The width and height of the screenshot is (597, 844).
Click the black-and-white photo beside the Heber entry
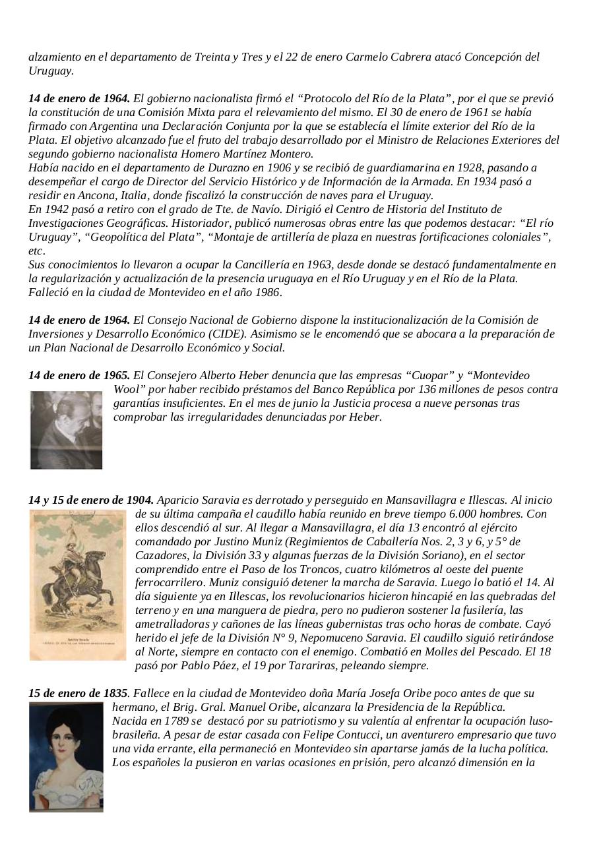coord(66,429)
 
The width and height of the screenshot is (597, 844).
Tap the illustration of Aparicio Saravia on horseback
coord(77,585)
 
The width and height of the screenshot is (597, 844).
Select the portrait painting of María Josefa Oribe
coord(66,756)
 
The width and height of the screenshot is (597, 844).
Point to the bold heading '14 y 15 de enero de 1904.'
coord(91,500)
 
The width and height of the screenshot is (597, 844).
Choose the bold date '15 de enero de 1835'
coord(78,694)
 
